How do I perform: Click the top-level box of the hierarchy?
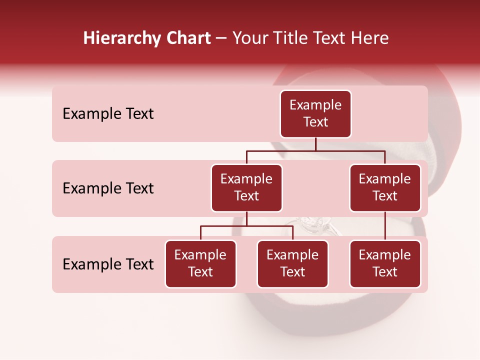pos(315,113)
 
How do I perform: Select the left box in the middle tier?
pos(246,187)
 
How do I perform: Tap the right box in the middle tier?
pos(385,187)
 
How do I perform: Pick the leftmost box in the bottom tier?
pos(200,263)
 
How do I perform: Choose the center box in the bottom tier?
pos(292,263)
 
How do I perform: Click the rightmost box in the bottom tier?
pos(385,263)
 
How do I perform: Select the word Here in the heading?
pos(370,38)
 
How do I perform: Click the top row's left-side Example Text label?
pos(108,114)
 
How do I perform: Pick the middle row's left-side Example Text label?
pos(108,188)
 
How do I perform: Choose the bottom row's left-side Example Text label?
pos(108,264)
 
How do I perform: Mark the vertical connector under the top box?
pos(315,144)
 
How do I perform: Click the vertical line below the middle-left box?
pos(246,219)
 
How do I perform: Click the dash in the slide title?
pos(221,38)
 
